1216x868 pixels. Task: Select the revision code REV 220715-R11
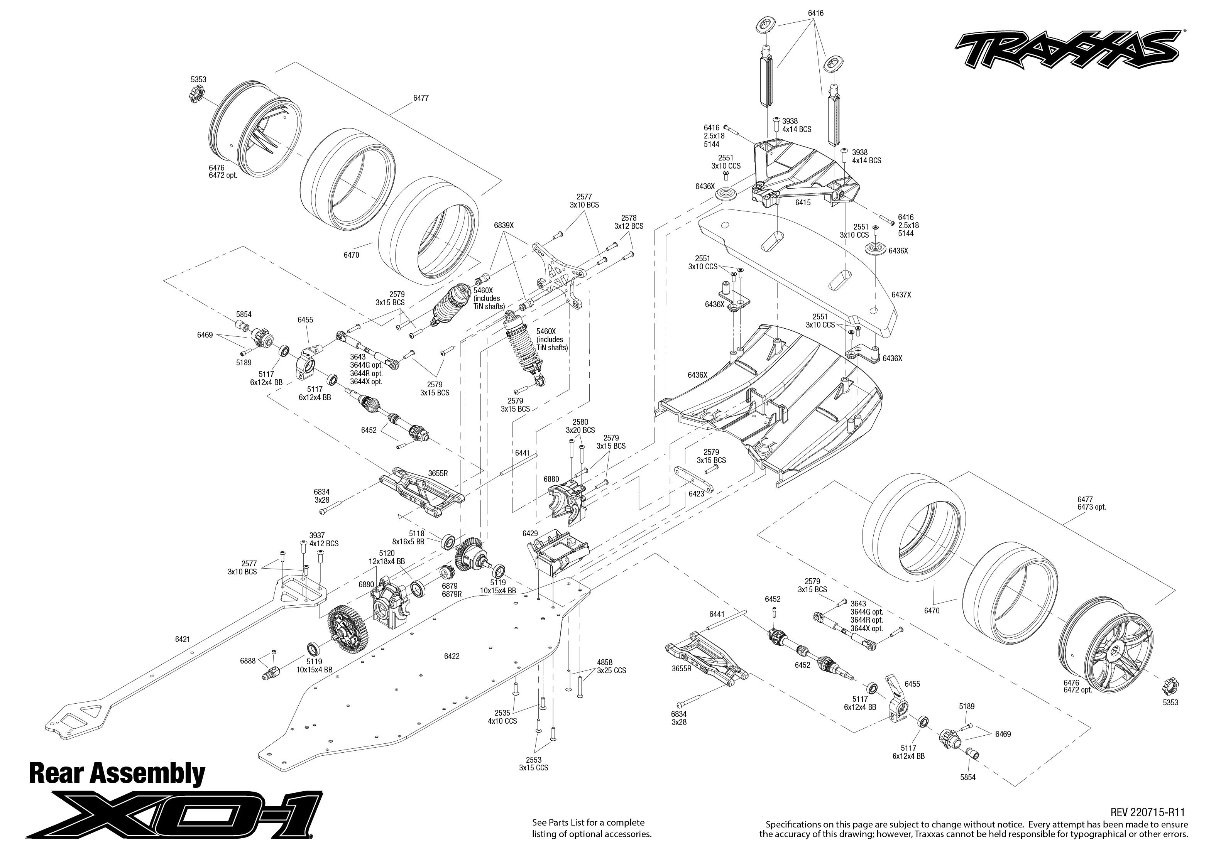pyautogui.click(x=1149, y=812)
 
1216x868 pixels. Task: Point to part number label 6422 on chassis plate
pyautogui.click(x=452, y=656)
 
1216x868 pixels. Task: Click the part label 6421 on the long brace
pyautogui.click(x=182, y=639)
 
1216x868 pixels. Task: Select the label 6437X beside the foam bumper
pyautogui.click(x=901, y=294)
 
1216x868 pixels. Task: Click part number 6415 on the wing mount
pyautogui.click(x=803, y=203)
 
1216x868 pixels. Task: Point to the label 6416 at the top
pyautogui.click(x=816, y=13)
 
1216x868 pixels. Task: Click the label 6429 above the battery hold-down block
pyautogui.click(x=530, y=534)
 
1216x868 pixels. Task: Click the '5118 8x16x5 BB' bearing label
pyautogui.click(x=416, y=537)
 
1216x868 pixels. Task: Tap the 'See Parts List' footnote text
pyautogui.click(x=592, y=828)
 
